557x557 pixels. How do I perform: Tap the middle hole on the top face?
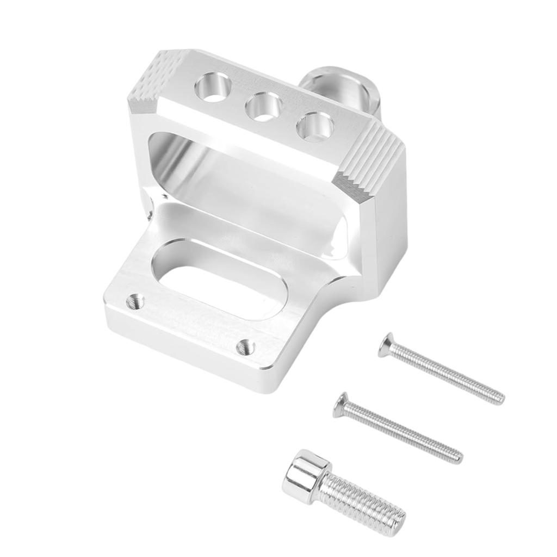[263, 106]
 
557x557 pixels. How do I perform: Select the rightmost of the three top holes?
[315, 126]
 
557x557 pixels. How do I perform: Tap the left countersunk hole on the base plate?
[134, 300]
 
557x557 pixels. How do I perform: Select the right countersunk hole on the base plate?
[246, 345]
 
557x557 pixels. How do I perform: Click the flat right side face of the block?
[389, 218]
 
